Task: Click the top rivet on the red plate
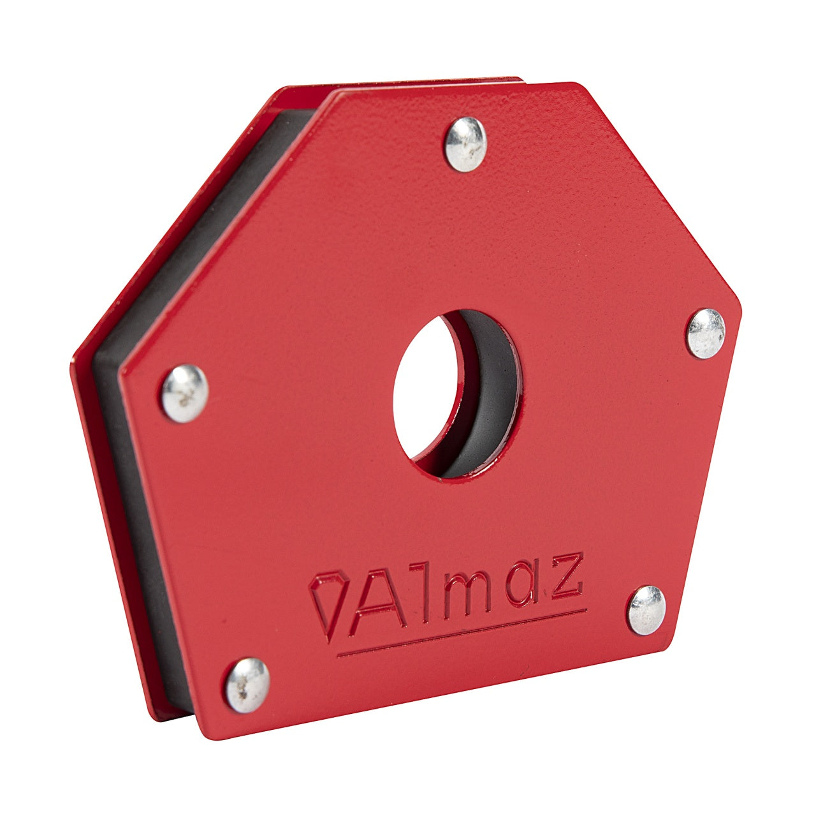465,144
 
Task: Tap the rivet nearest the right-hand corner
705,333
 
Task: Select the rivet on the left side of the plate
184,393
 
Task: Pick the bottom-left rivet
247,685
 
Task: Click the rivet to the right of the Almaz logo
646,609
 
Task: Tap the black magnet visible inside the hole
491,396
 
